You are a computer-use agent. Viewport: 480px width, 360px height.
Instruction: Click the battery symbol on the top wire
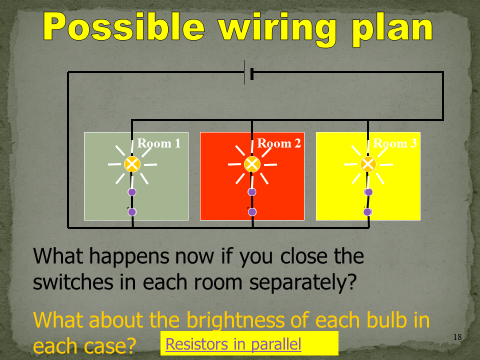[x=248, y=72]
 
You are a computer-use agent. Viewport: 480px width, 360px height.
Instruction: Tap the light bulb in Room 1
[x=132, y=164]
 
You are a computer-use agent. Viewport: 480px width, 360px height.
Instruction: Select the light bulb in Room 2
[x=252, y=164]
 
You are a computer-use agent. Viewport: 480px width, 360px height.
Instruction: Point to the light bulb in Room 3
[x=368, y=164]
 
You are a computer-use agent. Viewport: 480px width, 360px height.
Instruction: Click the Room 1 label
[x=159, y=143]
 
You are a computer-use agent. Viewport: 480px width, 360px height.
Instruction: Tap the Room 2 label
[x=279, y=143]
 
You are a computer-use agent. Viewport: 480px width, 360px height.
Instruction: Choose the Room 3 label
[x=395, y=143]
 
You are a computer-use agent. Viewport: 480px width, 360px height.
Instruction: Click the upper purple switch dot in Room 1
[x=132, y=192]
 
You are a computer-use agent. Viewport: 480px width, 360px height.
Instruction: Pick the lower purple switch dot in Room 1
[x=132, y=212]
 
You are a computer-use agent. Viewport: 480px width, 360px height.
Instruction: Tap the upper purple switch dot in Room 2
[x=252, y=192]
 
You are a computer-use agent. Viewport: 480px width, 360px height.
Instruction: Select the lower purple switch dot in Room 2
[x=252, y=212]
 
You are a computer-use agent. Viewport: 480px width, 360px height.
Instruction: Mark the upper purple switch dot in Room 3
[x=368, y=192]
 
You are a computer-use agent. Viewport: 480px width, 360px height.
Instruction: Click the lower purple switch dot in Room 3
[x=367, y=212]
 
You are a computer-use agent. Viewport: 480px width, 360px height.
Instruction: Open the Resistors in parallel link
[x=233, y=344]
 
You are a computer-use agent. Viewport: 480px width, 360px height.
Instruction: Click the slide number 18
[x=457, y=337]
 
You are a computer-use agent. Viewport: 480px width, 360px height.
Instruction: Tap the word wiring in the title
[x=277, y=28]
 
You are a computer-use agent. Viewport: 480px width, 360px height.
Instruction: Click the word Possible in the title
[x=123, y=27]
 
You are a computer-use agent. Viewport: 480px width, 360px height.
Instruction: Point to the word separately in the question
[x=303, y=282]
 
